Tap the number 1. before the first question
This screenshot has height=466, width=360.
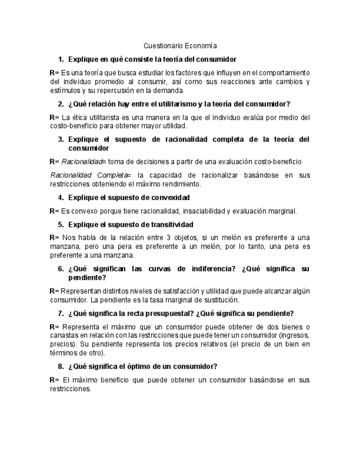point(60,59)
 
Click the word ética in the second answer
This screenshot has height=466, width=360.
point(84,117)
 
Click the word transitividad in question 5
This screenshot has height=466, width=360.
point(170,224)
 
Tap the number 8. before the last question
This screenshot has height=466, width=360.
point(60,366)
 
